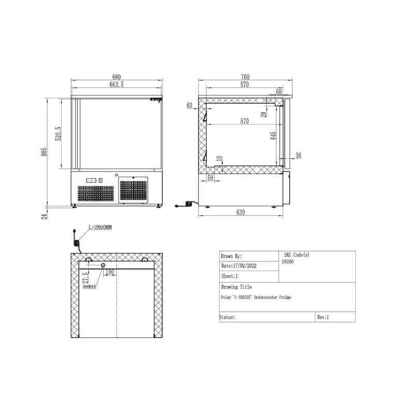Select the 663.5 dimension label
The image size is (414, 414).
pos(116,84)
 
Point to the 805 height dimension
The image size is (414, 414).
pos(45,152)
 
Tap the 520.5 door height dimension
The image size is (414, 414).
pos(58,134)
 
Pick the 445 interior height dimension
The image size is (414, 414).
pos(273,135)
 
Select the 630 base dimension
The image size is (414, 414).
pos(241,213)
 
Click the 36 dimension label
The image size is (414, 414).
pos(298,155)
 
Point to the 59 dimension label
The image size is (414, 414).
pos(210,178)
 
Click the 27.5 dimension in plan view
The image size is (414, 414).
pos(85,274)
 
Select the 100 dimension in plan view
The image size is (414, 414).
pos(110,272)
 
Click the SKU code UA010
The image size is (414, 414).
pos(287,262)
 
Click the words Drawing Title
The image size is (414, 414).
pos(236,287)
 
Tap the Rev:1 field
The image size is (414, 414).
pos(323,317)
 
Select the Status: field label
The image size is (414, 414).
pos(228,317)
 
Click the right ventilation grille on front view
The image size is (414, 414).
pos(134,190)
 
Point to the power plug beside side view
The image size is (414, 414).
pos(187,204)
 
